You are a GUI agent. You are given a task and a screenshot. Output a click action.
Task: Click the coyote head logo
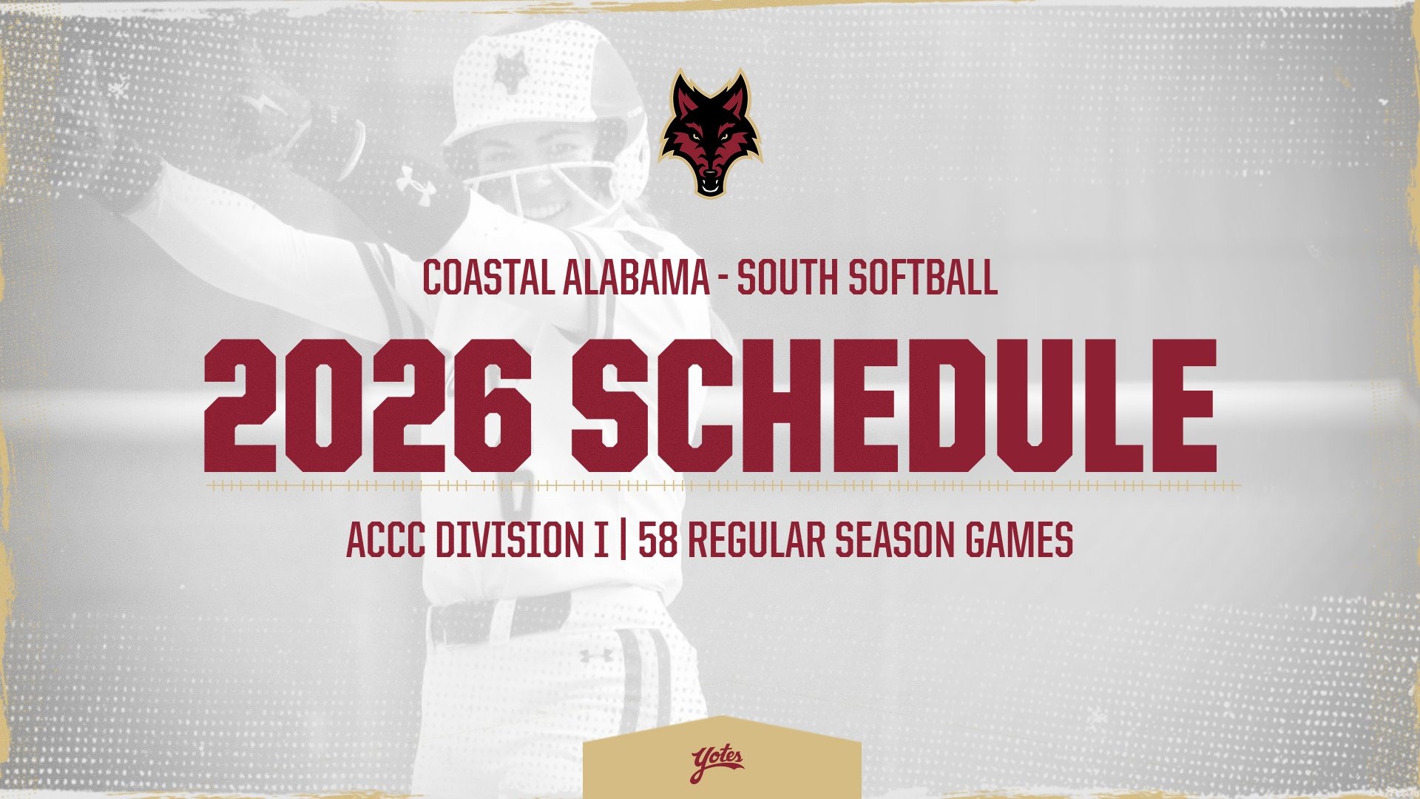[710, 133]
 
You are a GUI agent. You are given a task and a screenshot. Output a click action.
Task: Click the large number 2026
[368, 406]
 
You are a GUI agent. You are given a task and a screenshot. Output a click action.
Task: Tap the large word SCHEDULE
[894, 406]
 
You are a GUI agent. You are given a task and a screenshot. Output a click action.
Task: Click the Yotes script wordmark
[717, 763]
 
